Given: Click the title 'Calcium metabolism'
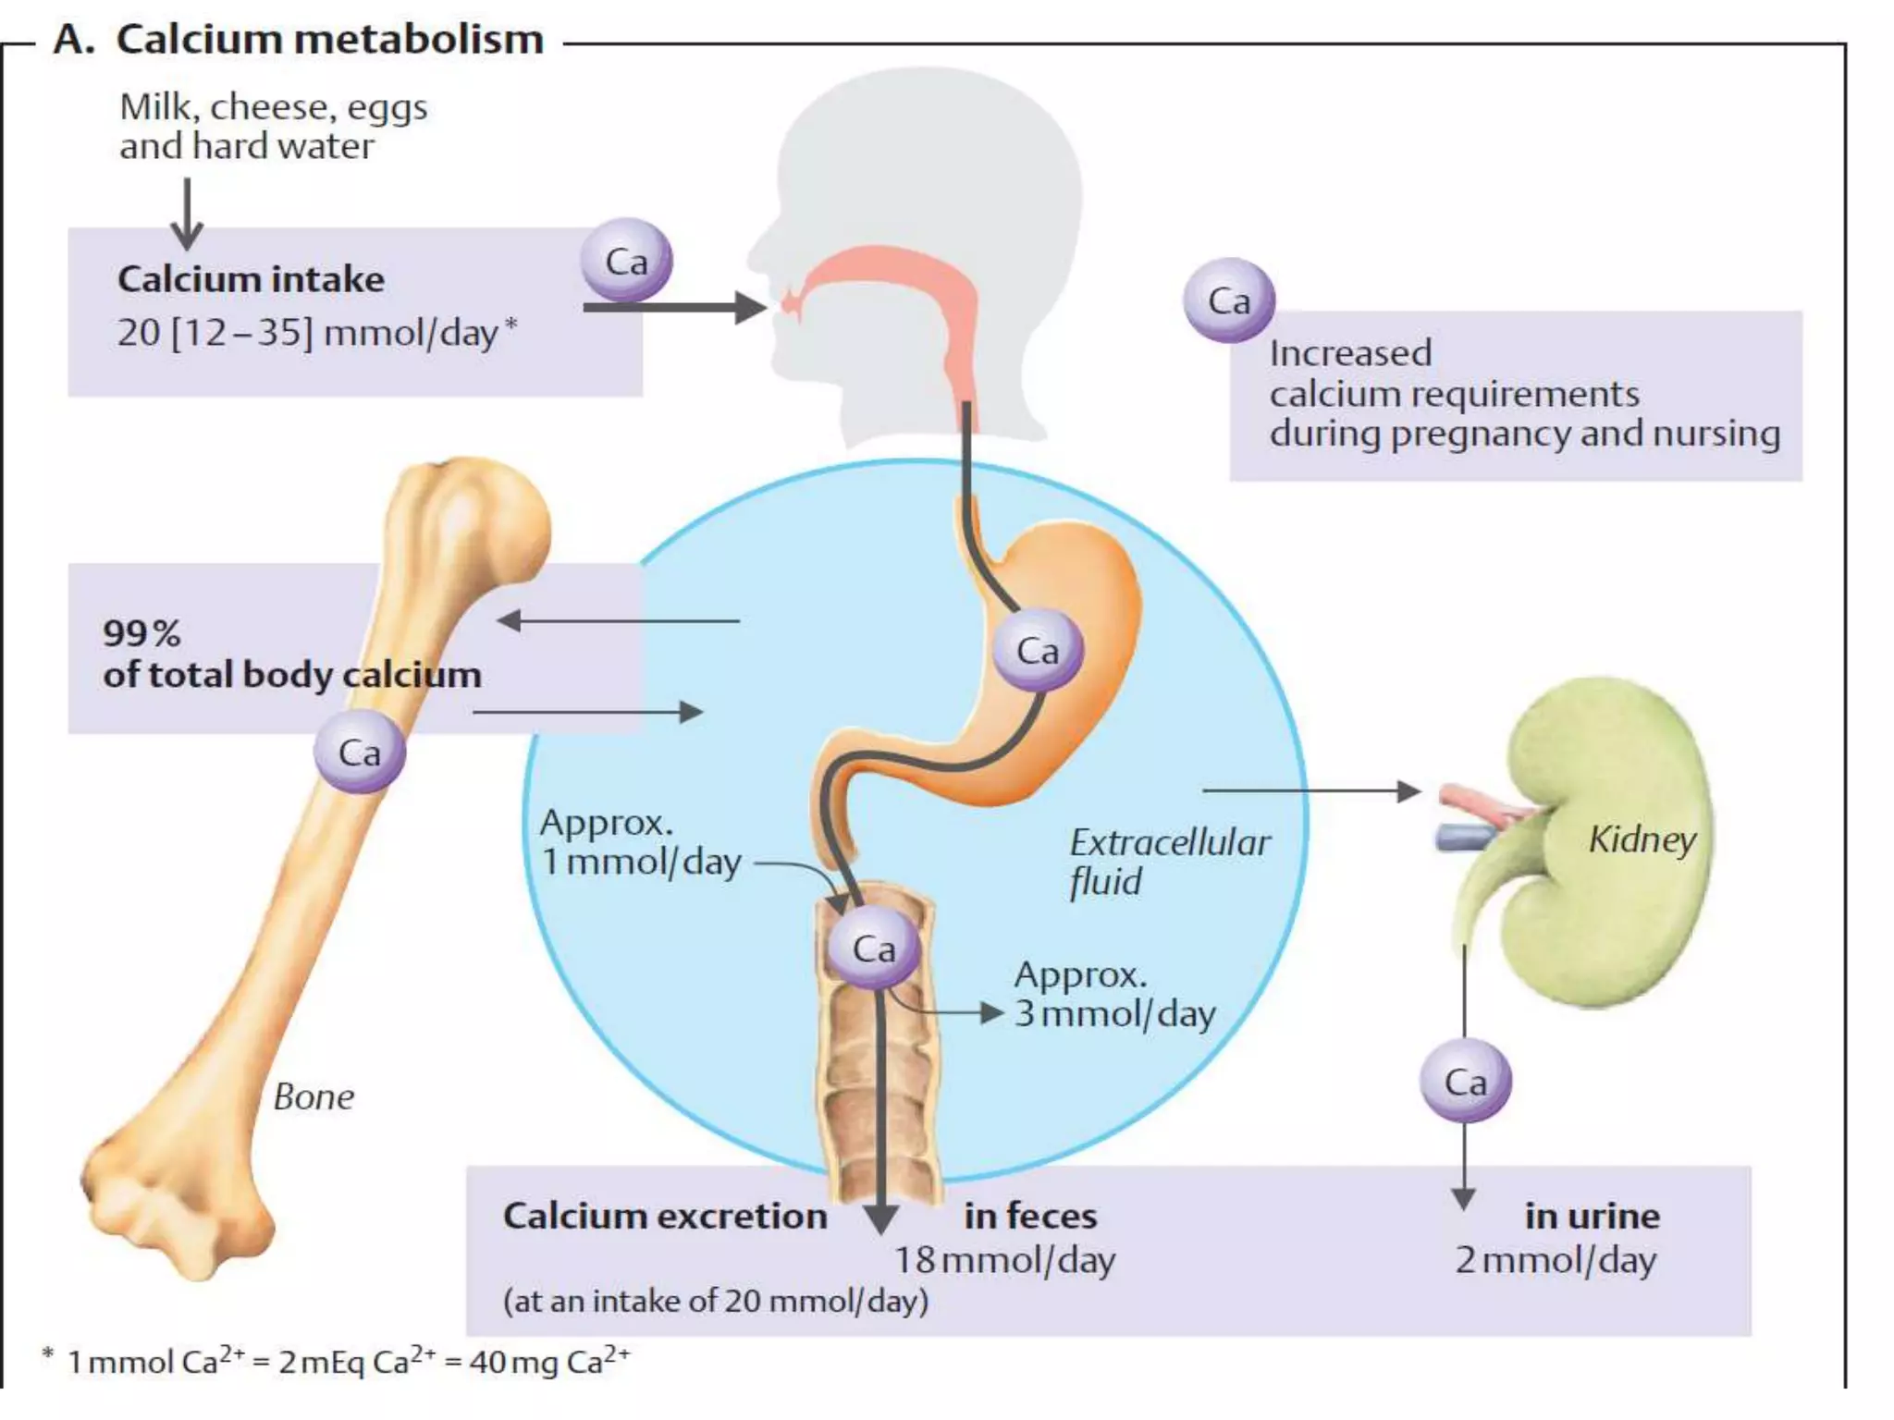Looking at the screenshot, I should [x=329, y=40].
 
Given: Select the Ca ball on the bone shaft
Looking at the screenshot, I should [x=359, y=752].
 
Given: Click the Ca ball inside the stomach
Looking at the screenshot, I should [x=1037, y=650].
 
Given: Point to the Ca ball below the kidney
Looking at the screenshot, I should [x=1465, y=1081].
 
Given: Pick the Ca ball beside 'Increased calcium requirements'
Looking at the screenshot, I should [x=1228, y=300].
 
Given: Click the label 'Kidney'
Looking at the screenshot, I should [x=1642, y=839].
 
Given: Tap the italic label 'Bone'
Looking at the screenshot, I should [x=314, y=1097].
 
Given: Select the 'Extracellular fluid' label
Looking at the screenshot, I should [x=1168, y=861].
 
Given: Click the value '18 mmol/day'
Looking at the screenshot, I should [x=1004, y=1260].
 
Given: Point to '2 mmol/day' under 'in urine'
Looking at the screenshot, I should [x=1556, y=1260].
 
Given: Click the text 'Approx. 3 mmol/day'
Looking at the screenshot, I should [x=1113, y=995].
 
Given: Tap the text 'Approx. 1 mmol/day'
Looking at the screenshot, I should [x=640, y=842].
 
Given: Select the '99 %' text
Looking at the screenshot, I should [x=141, y=633].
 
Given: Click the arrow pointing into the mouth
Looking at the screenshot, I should [x=675, y=307].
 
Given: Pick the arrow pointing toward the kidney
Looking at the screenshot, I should [x=1311, y=791].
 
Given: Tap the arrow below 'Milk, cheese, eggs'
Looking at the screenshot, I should [x=187, y=214].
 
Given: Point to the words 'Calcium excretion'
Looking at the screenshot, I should [x=664, y=1216].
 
